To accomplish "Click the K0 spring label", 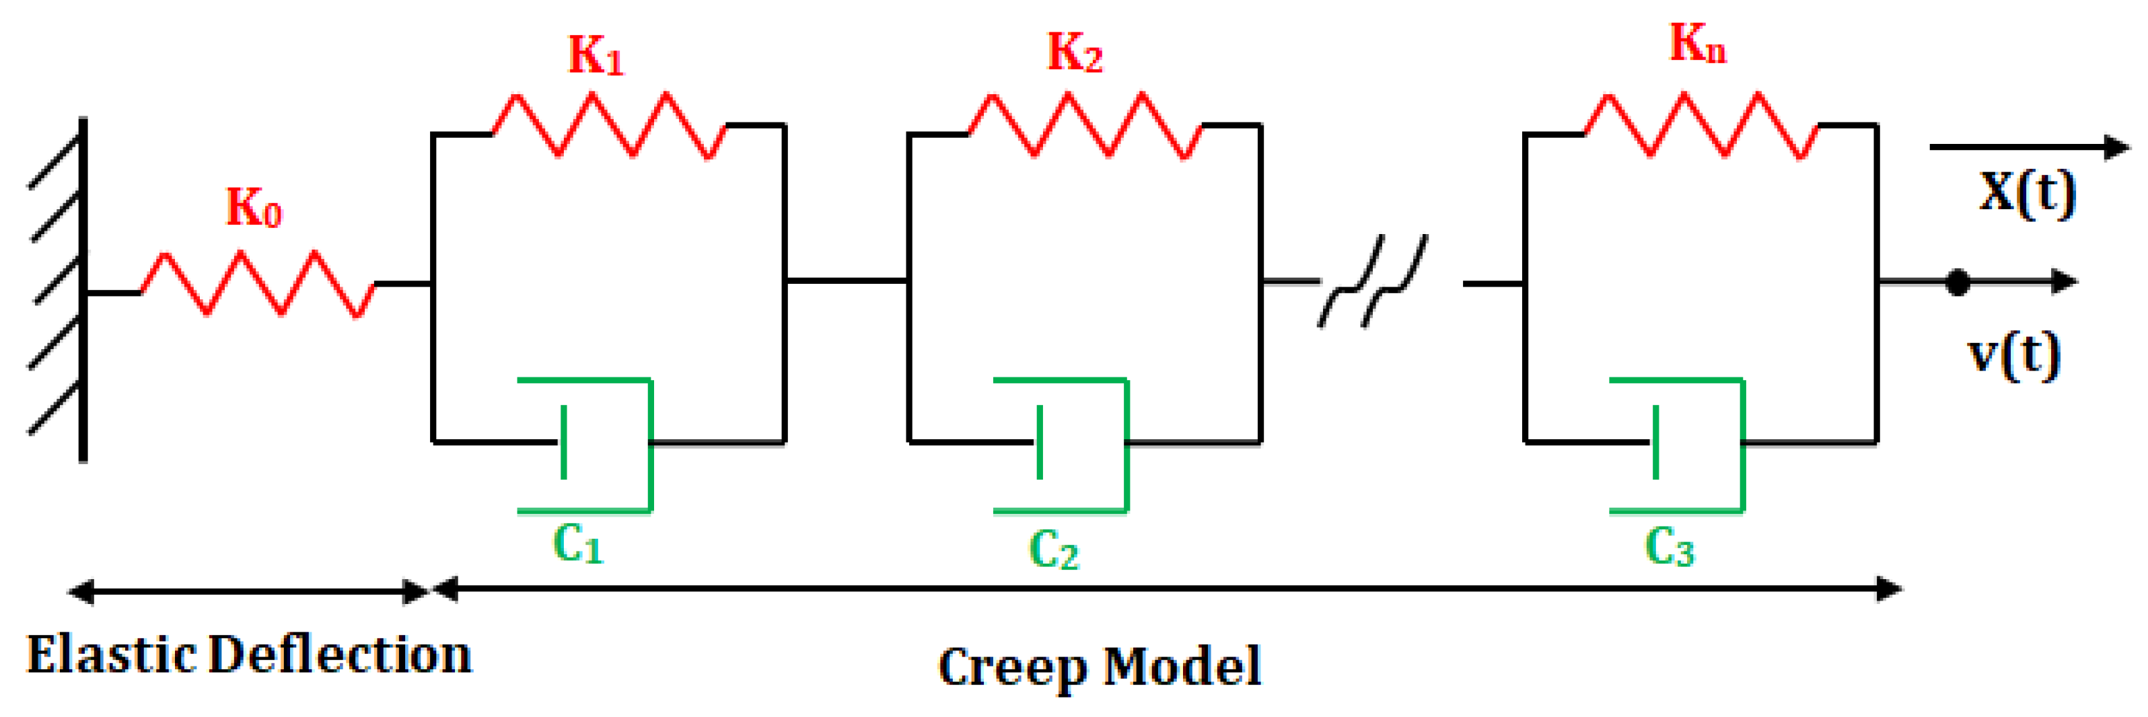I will pyautogui.click(x=254, y=208).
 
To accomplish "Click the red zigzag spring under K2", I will pyautogui.click(x=1085, y=126).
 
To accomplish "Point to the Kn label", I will pyautogui.click(x=1697, y=43).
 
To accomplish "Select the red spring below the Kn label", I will pyautogui.click(x=1701, y=126).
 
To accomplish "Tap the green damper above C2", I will pyautogui.click(x=1075, y=445).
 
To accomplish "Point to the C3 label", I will pyautogui.click(x=1670, y=548).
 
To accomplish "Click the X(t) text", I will pyautogui.click(x=2027, y=194).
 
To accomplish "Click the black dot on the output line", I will pyautogui.click(x=1957, y=283).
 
